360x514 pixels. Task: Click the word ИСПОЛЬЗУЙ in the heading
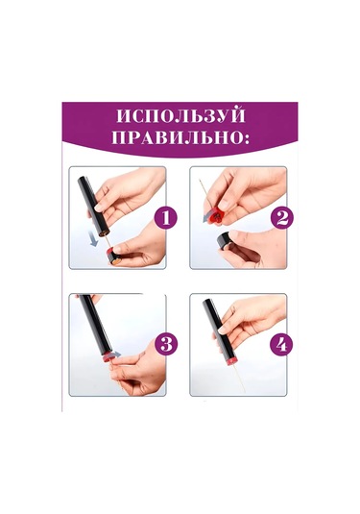pos(180,116)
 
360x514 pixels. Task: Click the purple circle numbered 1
pos(166,218)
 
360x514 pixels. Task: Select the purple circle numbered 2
pos(282,218)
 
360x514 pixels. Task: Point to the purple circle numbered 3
pos(166,345)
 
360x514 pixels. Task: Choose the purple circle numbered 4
pos(281,345)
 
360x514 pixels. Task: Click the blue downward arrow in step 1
pos(94,238)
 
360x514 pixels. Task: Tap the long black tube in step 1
pos(94,208)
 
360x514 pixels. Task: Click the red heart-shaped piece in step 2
pos(216,216)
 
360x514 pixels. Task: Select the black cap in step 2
pos(225,240)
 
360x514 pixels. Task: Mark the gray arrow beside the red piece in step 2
pos(206,219)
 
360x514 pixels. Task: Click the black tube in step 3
pos(96,323)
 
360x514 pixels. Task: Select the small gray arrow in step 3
pos(117,354)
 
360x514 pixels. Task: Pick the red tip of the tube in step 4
pos(231,360)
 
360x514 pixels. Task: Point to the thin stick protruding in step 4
pos(239,378)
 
